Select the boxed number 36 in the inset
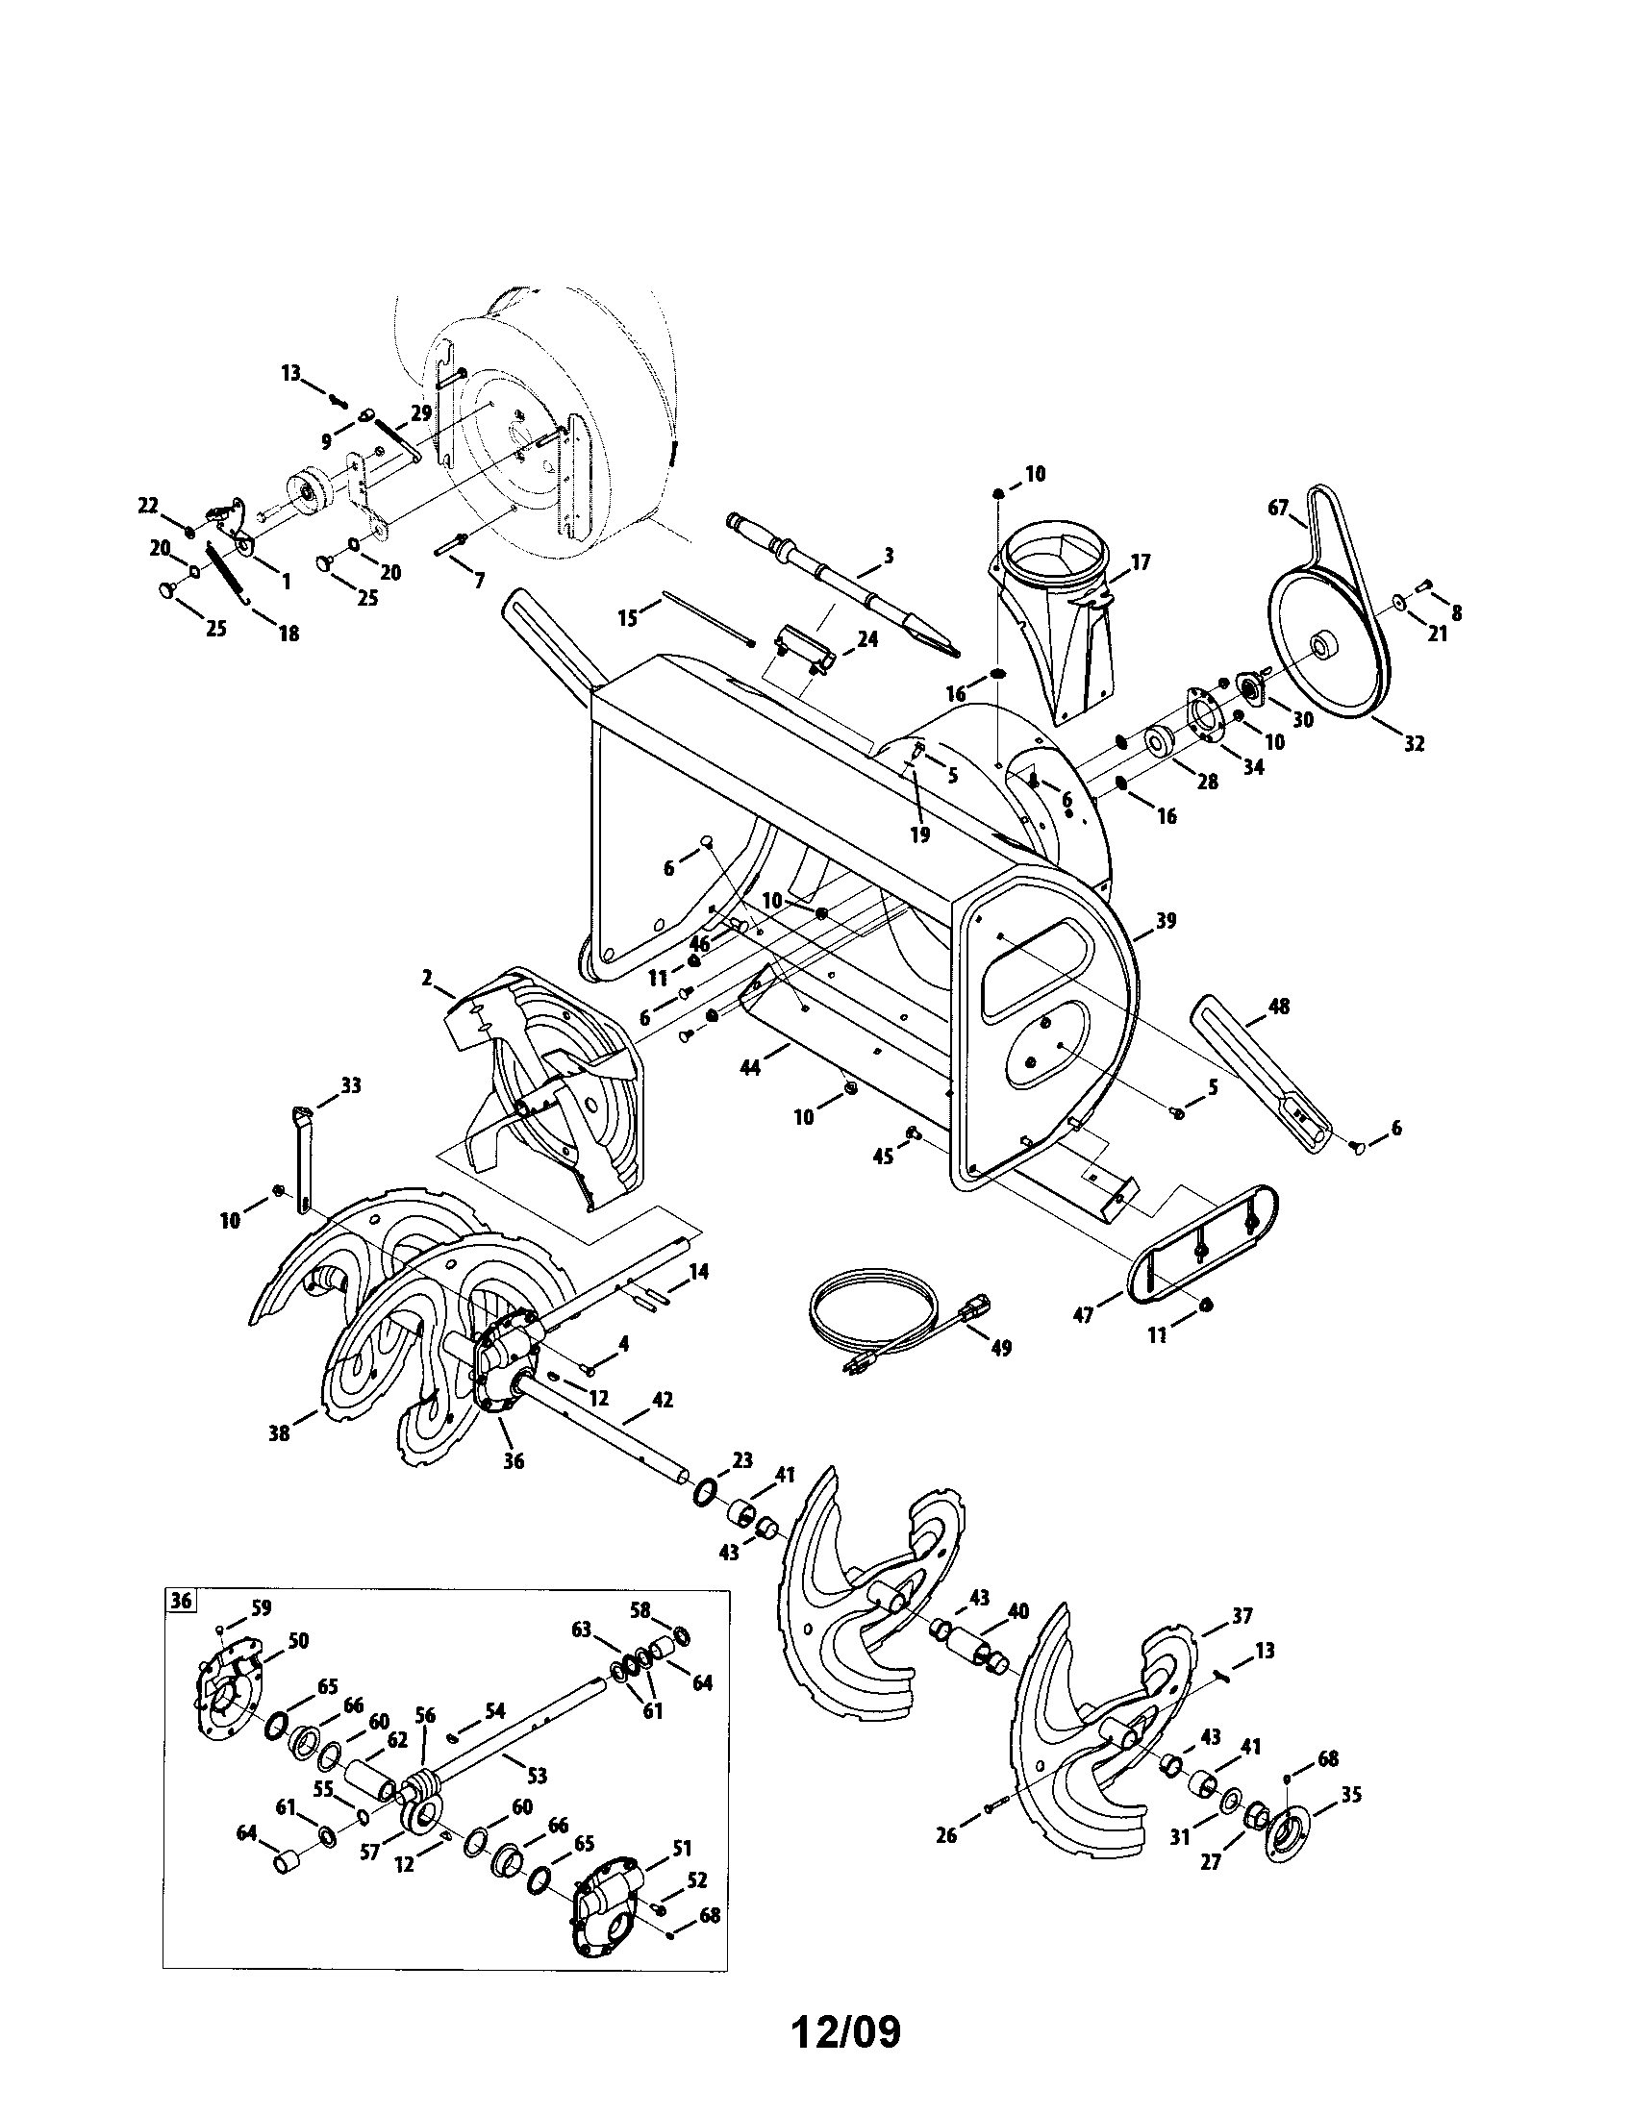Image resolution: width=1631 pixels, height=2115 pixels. pyautogui.click(x=181, y=1601)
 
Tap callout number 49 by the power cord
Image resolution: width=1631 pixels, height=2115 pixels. pyautogui.click(x=1000, y=1348)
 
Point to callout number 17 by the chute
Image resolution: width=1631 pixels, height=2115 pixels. pyautogui.click(x=1139, y=561)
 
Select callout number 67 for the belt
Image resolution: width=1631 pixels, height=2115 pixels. pyautogui.click(x=1278, y=507)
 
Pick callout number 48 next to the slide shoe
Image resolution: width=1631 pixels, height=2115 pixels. pyautogui.click(x=1278, y=1007)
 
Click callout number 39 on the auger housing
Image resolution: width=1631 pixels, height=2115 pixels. pyautogui.click(x=1166, y=921)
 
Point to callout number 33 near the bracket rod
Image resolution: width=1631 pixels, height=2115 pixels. pyautogui.click(x=351, y=1085)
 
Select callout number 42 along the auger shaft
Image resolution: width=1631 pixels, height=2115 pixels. pyautogui.click(x=663, y=1401)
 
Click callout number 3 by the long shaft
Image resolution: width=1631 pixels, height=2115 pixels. pyautogui.click(x=889, y=556)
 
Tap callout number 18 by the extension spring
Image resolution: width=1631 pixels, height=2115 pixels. pyautogui.click(x=289, y=634)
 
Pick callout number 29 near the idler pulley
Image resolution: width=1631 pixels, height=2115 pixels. pyautogui.click(x=420, y=411)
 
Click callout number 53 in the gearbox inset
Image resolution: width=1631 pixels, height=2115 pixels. pyautogui.click(x=536, y=1775)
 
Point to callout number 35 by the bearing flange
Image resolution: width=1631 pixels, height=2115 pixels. pyautogui.click(x=1351, y=1795)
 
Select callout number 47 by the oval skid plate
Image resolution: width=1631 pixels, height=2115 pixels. pyautogui.click(x=1084, y=1315)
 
